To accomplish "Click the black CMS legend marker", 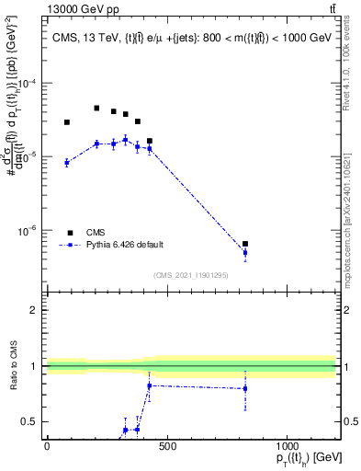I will (69, 233).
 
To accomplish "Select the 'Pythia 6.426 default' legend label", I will (125, 245).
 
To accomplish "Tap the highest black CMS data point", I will (96, 108).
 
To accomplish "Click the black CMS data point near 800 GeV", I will (245, 244).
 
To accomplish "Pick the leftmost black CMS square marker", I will (67, 122).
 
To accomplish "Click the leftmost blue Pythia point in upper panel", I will (67, 162).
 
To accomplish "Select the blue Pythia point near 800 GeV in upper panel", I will (245, 252).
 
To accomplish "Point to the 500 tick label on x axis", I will (166, 447).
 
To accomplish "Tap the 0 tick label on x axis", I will (47, 447).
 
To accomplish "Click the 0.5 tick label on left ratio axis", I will (30, 422).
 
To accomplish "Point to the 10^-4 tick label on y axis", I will (28, 83).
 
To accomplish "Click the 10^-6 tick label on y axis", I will (28, 231).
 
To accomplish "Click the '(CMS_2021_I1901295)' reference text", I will (191, 274).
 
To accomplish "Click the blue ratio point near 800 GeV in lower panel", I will (245, 388).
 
